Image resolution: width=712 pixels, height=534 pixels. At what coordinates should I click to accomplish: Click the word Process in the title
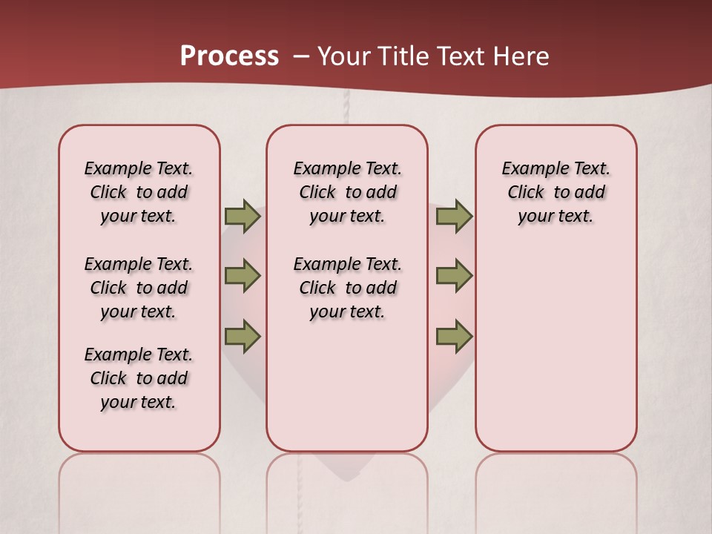pyautogui.click(x=229, y=56)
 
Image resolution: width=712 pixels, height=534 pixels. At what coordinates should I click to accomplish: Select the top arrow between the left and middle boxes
pyautogui.click(x=243, y=216)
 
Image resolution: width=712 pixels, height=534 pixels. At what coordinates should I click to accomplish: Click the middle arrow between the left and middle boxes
pyautogui.click(x=243, y=276)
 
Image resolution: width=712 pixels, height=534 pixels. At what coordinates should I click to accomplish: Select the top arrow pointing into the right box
pyautogui.click(x=454, y=216)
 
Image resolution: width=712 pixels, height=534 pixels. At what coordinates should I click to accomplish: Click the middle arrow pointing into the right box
pyautogui.click(x=454, y=276)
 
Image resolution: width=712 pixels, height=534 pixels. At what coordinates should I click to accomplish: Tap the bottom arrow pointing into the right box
pyautogui.click(x=454, y=336)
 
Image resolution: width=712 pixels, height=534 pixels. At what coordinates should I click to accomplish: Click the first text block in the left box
pyautogui.click(x=139, y=192)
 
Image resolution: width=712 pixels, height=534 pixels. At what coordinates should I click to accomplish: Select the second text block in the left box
pyautogui.click(x=139, y=288)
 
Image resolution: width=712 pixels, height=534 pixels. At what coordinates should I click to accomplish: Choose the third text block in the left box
pyautogui.click(x=139, y=378)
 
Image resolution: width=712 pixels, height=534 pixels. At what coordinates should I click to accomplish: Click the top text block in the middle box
pyautogui.click(x=347, y=192)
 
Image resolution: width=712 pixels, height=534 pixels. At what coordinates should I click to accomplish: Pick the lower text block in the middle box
pyautogui.click(x=347, y=288)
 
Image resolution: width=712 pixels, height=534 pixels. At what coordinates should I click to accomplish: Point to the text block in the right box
pyautogui.click(x=556, y=192)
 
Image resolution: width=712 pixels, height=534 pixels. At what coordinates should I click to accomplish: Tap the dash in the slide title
pyautogui.click(x=301, y=56)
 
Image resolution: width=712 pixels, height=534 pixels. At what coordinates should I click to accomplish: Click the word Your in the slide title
pyautogui.click(x=343, y=56)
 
